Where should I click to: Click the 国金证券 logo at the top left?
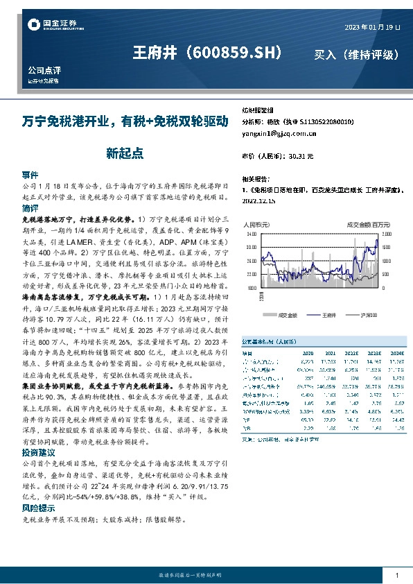click(48, 26)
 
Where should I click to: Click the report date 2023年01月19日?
click(372, 26)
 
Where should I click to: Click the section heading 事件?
click(30, 175)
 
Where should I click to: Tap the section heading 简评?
click(30, 208)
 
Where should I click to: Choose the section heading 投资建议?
click(38, 451)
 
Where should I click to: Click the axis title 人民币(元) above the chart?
click(256, 225)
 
